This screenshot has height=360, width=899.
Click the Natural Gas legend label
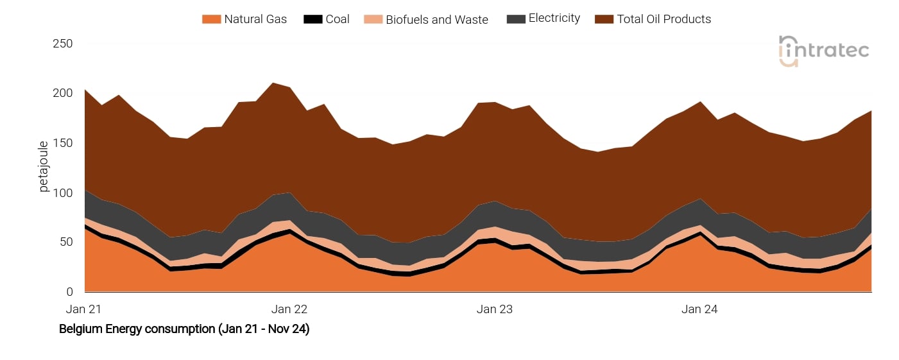(x=255, y=19)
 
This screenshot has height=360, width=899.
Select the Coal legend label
(x=337, y=19)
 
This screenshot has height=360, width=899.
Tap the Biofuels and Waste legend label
(x=436, y=19)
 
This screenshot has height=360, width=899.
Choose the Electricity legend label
(x=554, y=19)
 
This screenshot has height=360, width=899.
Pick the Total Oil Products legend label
(x=664, y=19)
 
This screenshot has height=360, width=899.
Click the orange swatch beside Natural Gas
(x=210, y=19)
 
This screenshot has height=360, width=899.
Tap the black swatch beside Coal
(x=313, y=19)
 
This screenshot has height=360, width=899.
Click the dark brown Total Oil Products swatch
(x=604, y=19)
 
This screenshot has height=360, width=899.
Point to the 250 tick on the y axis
(x=63, y=44)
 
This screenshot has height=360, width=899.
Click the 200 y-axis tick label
(x=63, y=93)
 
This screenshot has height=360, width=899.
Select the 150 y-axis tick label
(x=63, y=143)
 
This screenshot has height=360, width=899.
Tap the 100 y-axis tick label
(x=63, y=193)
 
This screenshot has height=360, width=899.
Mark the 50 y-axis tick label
(x=65, y=242)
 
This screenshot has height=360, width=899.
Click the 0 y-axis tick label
(x=69, y=292)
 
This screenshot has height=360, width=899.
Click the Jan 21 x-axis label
(x=83, y=309)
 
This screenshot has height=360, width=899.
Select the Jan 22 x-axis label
(x=289, y=309)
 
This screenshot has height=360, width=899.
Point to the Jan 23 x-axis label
(x=495, y=309)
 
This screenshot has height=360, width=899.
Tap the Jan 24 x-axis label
(x=699, y=309)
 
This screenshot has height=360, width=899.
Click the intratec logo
(x=823, y=51)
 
